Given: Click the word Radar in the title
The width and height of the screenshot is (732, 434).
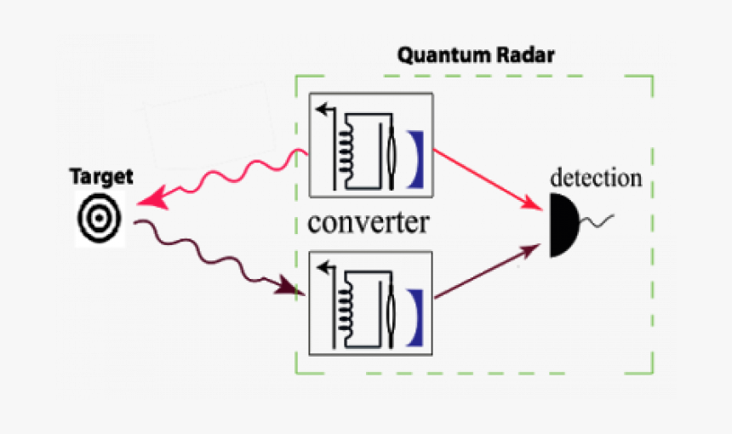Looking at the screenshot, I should coord(530,56).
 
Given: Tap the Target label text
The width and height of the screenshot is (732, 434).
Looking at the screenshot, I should coord(101,177).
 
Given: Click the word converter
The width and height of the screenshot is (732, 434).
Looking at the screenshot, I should coord(368,223).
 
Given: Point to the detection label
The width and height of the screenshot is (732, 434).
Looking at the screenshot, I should coord(596,179).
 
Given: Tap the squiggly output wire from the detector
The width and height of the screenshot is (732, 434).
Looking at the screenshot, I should coord(598,223).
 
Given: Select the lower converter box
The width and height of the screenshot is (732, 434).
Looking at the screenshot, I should coord(371,303).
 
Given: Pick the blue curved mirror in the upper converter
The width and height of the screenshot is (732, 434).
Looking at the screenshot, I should coord(416,158).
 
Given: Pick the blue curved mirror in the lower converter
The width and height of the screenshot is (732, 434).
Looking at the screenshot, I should coord(416,316).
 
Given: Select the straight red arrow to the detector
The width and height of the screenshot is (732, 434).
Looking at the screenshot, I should coord(489,180).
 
